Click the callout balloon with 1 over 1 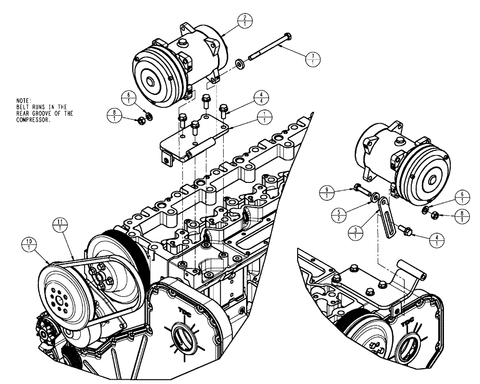pos(264,117)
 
